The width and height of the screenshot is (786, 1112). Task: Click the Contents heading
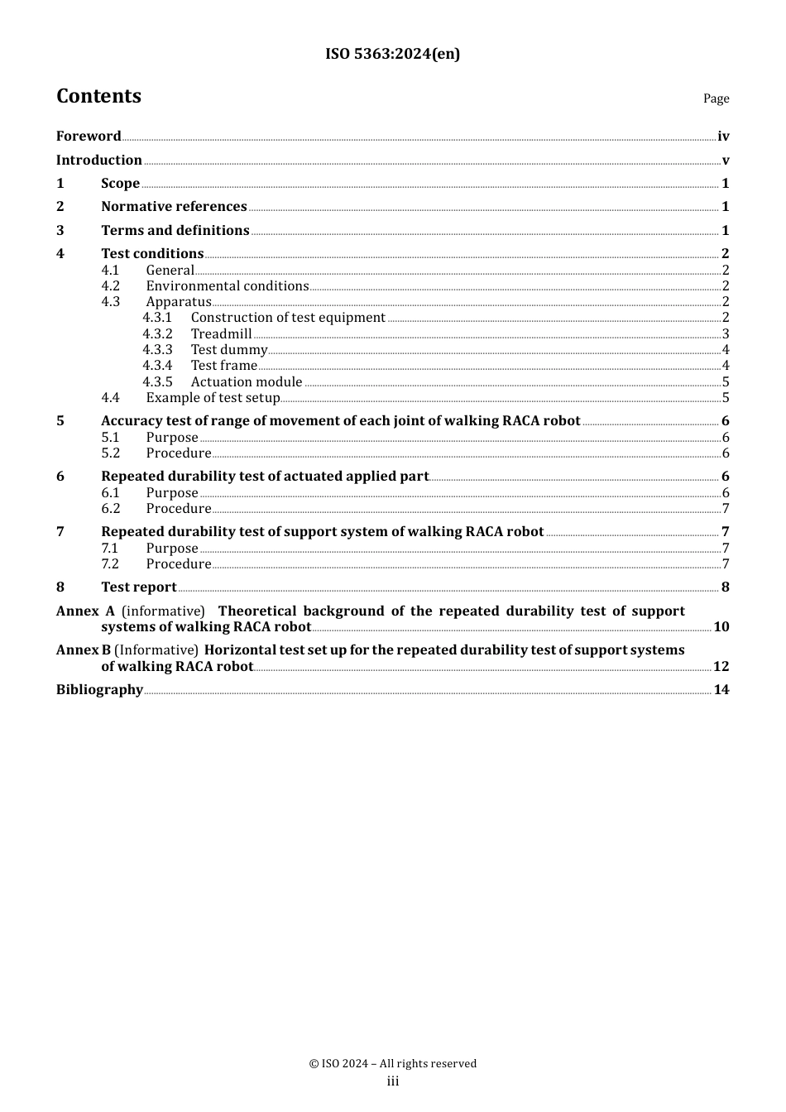[98, 96]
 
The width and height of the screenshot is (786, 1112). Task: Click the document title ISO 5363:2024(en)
[392, 54]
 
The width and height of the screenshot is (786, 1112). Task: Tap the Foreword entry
[89, 137]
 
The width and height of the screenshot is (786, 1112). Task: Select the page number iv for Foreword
[723, 137]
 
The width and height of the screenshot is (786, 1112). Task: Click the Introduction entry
[99, 161]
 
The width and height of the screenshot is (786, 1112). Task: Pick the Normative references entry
[174, 207]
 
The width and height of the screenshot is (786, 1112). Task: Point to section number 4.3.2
[157, 334]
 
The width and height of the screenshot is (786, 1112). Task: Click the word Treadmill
[221, 334]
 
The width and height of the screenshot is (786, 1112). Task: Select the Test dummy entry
[228, 350]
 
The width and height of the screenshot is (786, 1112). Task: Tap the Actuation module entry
[246, 382]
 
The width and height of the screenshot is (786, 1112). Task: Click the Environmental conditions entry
[227, 286]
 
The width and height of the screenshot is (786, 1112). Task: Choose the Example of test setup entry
[213, 398]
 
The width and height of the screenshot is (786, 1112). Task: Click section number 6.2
[111, 509]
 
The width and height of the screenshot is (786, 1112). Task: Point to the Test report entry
[138, 587]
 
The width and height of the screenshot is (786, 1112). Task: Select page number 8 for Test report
[725, 587]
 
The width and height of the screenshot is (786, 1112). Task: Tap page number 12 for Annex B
[721, 667]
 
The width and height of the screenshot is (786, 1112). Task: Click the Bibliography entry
[99, 690]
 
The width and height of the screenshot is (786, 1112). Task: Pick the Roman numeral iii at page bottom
[392, 1081]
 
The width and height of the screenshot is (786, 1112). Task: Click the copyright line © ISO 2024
[392, 1064]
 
